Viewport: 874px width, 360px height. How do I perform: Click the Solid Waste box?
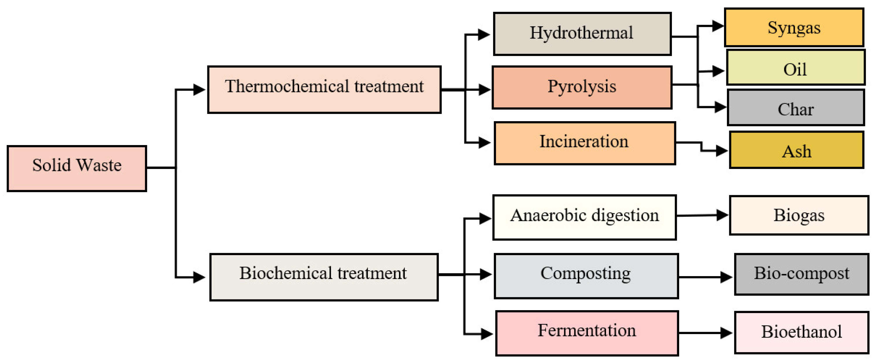(77, 169)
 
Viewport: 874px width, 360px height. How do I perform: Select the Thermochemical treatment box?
(324, 90)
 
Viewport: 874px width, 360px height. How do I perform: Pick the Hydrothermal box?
(582, 33)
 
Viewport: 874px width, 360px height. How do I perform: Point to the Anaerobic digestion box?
(584, 217)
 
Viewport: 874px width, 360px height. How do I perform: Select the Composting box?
(586, 276)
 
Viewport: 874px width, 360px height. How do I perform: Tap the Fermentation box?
(587, 333)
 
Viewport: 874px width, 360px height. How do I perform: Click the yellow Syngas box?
(794, 27)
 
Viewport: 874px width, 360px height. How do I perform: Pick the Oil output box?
(795, 67)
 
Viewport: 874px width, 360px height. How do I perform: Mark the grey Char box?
(795, 107)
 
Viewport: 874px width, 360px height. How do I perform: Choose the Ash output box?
(796, 150)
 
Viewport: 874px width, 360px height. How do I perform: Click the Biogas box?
(799, 215)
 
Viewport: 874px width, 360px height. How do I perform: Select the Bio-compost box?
(801, 274)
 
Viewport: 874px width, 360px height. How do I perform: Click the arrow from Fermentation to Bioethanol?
(706, 333)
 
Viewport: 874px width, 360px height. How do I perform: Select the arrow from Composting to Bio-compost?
(706, 277)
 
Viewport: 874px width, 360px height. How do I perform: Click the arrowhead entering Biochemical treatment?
(199, 277)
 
